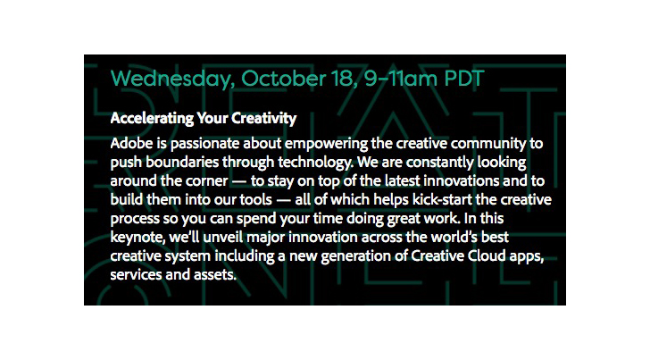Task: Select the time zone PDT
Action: pyautogui.click(x=464, y=78)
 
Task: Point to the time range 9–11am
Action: pyautogui.click(x=401, y=78)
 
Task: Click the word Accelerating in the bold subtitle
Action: pyautogui.click(x=152, y=119)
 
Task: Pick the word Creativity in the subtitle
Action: pyautogui.click(x=263, y=119)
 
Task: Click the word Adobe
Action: pyautogui.click(x=131, y=144)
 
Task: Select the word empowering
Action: pyautogui.click(x=326, y=145)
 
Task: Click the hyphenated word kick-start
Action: pyautogui.click(x=442, y=200)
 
